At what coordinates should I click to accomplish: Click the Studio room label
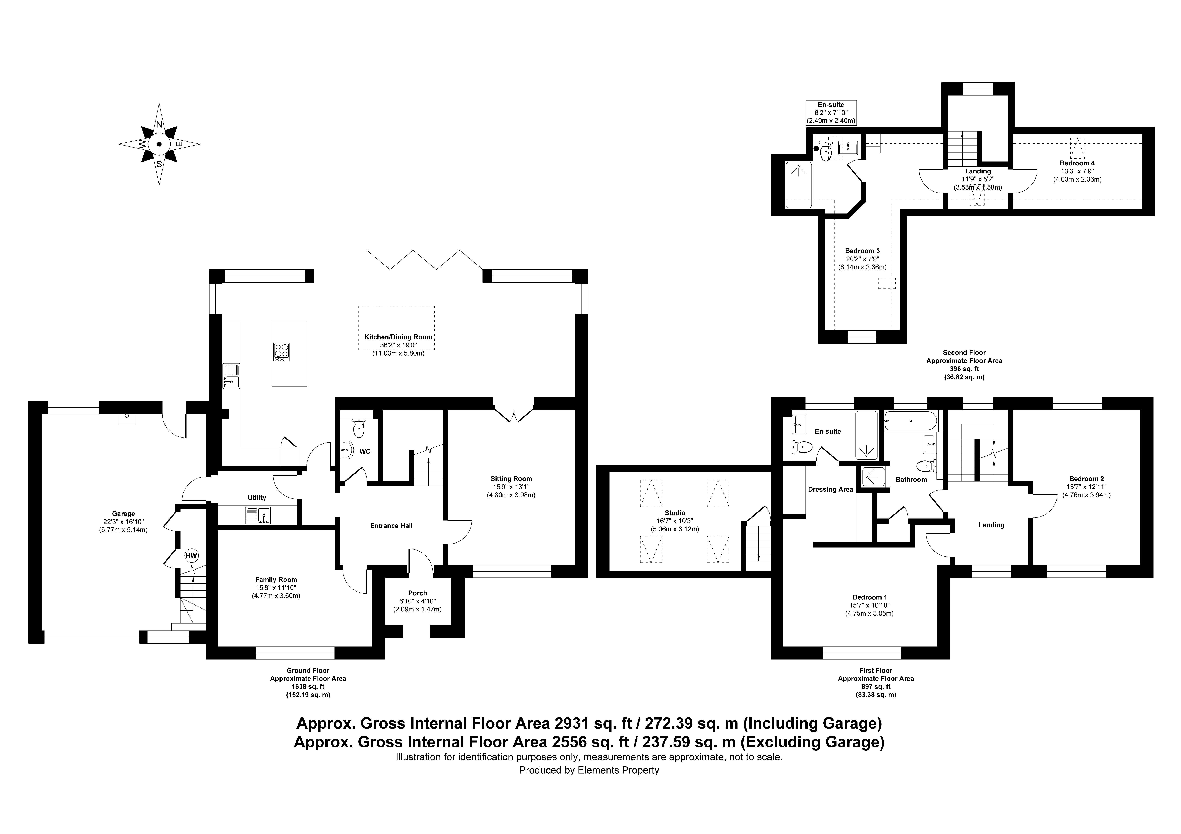coord(675,513)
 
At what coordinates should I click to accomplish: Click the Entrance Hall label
coord(392,525)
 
